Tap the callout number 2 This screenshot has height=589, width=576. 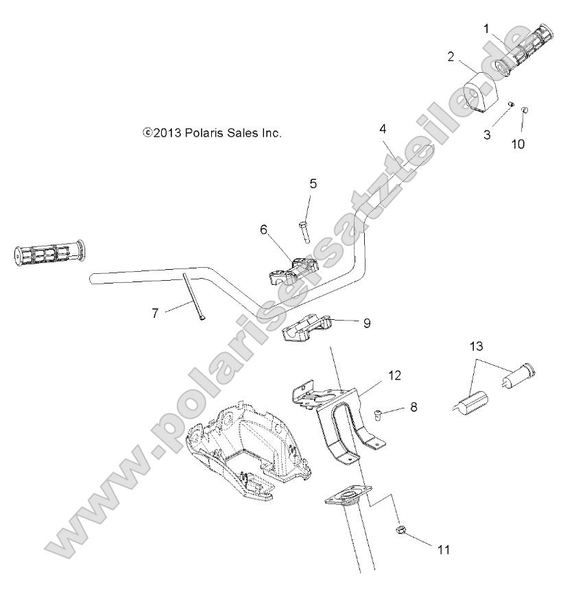(x=450, y=56)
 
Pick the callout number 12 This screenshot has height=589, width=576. (x=393, y=376)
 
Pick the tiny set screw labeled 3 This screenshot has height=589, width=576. (x=510, y=104)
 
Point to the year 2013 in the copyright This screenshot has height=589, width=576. (x=166, y=134)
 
